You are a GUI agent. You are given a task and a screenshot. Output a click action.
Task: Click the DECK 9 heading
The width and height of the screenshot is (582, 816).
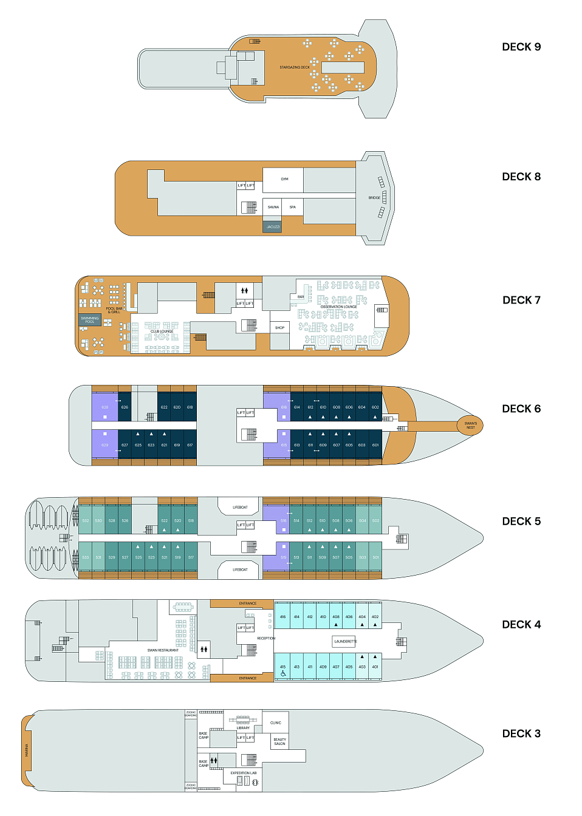click(521, 47)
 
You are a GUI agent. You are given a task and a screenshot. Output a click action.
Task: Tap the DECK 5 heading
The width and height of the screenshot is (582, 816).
click(521, 522)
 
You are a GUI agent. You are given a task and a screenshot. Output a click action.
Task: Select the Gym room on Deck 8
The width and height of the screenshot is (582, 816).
click(284, 180)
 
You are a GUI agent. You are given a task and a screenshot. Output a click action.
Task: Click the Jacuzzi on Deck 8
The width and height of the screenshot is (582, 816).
click(273, 227)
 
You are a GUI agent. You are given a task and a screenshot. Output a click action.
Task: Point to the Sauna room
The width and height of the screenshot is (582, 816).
click(273, 207)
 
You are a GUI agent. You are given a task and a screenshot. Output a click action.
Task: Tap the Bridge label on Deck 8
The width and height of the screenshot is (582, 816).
click(374, 198)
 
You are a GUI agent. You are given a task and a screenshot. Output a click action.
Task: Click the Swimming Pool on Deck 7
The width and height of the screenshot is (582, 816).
click(90, 320)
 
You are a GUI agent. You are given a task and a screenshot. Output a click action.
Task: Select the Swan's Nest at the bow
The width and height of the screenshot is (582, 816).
click(470, 426)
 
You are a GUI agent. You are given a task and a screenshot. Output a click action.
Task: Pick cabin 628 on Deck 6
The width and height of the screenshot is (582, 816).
click(104, 407)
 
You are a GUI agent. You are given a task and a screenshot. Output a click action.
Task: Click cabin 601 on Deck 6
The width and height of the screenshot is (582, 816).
click(375, 445)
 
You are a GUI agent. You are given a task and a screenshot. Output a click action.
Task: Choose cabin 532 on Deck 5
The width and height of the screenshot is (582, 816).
click(86, 521)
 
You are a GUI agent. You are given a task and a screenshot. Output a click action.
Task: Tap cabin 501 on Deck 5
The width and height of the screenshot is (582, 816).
click(375, 557)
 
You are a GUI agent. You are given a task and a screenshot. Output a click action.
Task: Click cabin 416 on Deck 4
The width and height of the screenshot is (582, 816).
click(282, 617)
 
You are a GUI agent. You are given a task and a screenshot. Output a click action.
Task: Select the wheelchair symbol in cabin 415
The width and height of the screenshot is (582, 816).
click(283, 673)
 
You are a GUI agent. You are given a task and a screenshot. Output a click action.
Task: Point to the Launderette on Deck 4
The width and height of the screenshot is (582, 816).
click(345, 642)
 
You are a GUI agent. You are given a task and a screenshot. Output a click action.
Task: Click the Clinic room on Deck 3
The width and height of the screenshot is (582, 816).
click(276, 723)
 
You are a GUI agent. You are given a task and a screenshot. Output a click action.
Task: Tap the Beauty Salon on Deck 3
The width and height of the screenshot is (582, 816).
click(279, 742)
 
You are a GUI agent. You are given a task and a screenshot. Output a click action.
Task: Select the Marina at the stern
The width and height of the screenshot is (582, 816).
click(27, 750)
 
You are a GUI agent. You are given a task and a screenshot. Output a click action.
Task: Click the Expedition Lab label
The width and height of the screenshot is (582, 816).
click(243, 773)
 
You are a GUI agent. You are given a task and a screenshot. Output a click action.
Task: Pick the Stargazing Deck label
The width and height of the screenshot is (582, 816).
click(295, 67)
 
